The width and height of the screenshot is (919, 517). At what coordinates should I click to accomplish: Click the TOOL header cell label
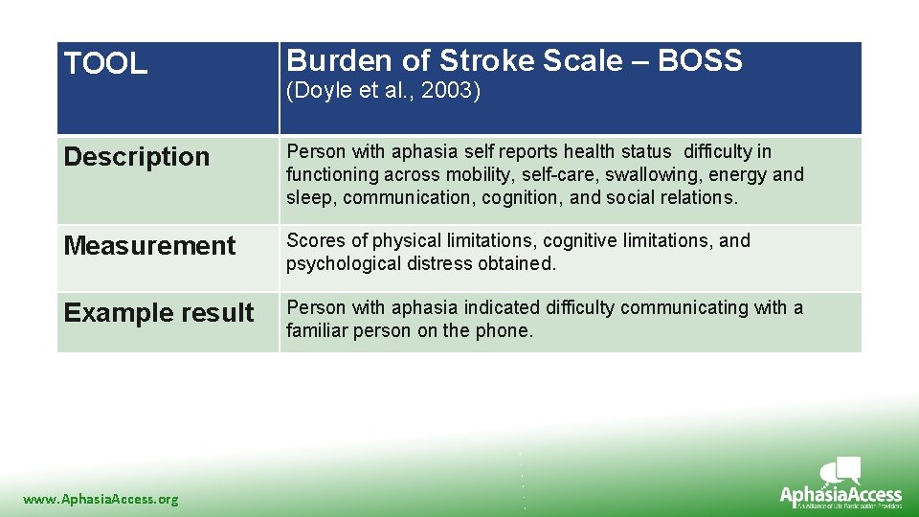(105, 64)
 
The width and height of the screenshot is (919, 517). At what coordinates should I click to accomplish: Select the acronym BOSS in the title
(700, 61)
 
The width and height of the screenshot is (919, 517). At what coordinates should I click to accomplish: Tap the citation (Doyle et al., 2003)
(383, 92)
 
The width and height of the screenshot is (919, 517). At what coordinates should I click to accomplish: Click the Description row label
(136, 157)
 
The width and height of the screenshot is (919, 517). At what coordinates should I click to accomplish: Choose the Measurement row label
(149, 246)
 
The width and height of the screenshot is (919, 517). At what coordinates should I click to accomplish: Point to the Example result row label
(159, 313)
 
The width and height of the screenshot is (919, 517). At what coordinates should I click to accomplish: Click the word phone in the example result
(506, 331)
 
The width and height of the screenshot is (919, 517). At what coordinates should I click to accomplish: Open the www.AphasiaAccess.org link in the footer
(101, 499)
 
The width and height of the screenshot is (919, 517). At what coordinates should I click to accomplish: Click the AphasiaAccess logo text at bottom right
(841, 495)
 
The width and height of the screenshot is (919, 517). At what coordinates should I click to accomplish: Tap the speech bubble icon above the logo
(842, 470)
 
